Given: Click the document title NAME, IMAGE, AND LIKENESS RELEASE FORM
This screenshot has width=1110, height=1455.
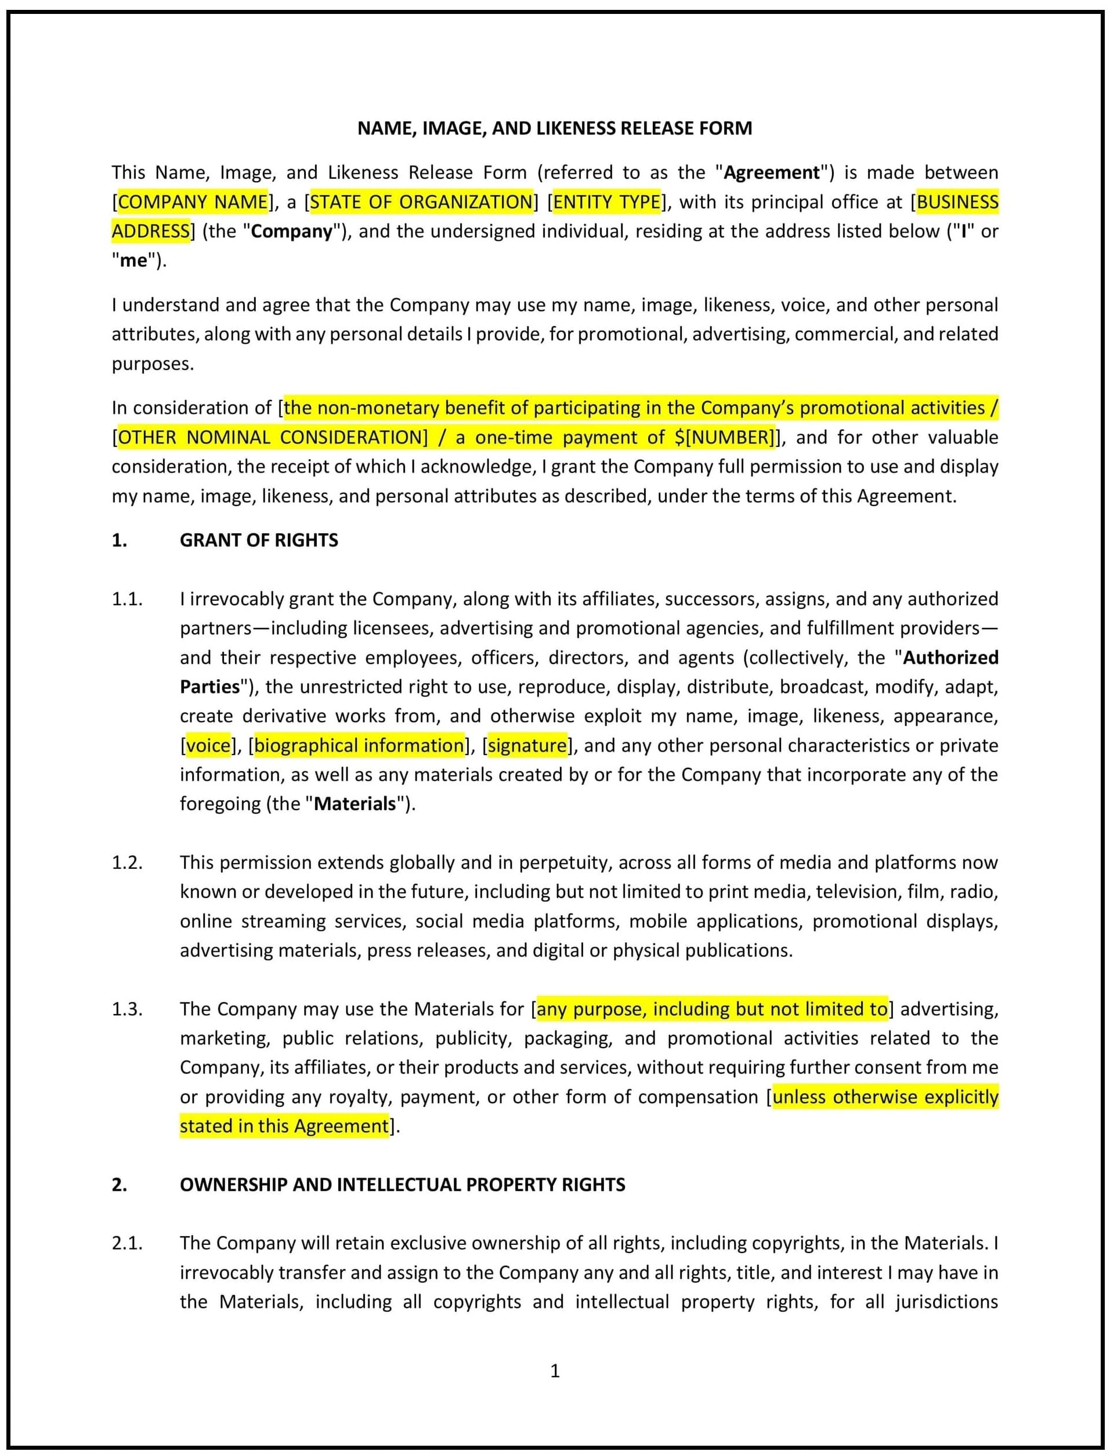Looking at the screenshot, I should click(x=554, y=128).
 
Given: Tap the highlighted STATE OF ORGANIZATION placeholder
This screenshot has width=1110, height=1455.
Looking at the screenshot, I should click(x=421, y=201).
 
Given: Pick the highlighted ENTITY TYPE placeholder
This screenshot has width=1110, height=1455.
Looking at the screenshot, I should click(x=606, y=201).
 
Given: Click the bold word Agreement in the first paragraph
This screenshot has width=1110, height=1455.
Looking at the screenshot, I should click(x=772, y=172).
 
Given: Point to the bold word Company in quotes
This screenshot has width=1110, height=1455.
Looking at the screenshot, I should click(x=291, y=231).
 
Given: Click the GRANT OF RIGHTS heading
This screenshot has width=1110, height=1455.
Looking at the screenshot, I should click(x=258, y=540).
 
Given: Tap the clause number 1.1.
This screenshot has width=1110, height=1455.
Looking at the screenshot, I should click(x=127, y=600).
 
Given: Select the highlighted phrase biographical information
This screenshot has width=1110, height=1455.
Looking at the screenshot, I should click(x=359, y=746).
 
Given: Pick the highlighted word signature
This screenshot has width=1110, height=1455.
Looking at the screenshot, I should click(x=527, y=746).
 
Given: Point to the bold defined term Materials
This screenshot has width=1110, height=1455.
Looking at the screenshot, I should click(x=355, y=804).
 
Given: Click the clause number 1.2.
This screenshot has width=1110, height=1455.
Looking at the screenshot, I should click(x=127, y=863).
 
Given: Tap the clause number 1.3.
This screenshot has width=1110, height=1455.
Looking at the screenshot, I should click(x=127, y=1009).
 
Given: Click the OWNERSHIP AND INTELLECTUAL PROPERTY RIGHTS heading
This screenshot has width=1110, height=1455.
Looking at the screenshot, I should click(x=402, y=1185).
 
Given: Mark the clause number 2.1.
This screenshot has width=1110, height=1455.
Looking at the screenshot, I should click(x=127, y=1244).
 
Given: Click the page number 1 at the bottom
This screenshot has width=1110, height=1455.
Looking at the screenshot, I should click(x=555, y=1371).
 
